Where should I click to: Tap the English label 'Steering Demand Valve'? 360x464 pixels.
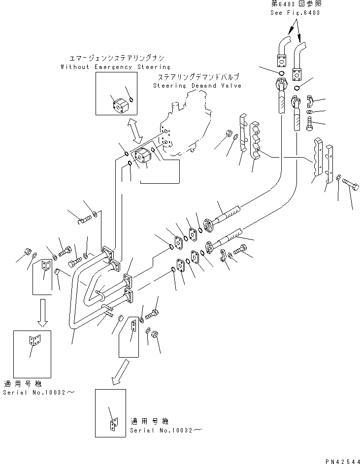pyautogui.click(x=196, y=86)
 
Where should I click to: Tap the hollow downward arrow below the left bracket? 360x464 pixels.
pyautogui.click(x=43, y=316)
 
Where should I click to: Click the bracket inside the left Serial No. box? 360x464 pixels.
pyautogui.click(x=34, y=340)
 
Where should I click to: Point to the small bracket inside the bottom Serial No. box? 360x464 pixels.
pyautogui.click(x=114, y=424)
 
